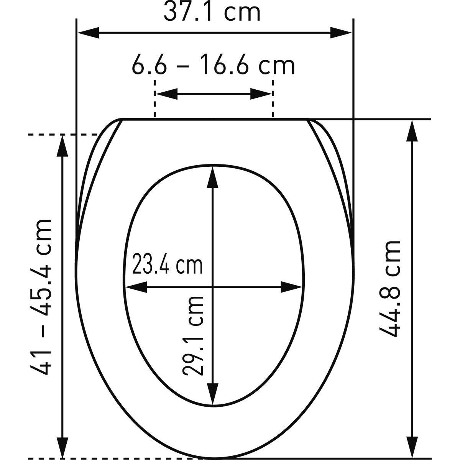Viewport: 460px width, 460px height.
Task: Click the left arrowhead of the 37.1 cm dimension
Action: [88, 33]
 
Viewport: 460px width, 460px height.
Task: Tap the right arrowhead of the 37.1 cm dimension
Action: [341, 33]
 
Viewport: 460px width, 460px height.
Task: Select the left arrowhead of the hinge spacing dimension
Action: [167, 94]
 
